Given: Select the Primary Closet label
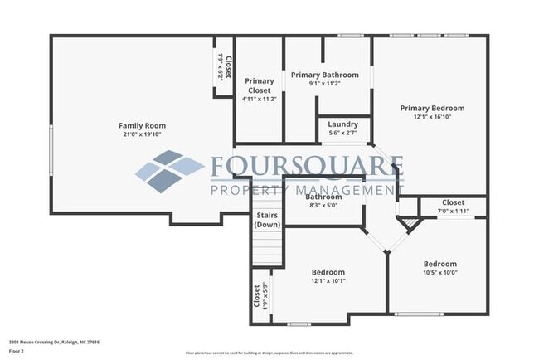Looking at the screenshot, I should coord(260,85).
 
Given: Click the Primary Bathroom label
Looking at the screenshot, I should coord(324,75).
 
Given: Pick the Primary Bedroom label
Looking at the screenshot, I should coord(431,108).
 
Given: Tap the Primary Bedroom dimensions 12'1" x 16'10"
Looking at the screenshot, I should coord(431,117).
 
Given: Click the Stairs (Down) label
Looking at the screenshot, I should coord(267,220).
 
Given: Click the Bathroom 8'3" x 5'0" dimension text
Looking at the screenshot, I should coord(323,205).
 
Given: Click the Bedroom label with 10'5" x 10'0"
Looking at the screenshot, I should coord(440,264).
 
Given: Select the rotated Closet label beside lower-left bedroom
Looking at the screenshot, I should coord(256,296).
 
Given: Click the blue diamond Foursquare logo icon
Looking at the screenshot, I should coord(170,170).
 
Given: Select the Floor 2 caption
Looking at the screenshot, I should coord(17,351).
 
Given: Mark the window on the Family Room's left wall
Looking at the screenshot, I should coord(51,154).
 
